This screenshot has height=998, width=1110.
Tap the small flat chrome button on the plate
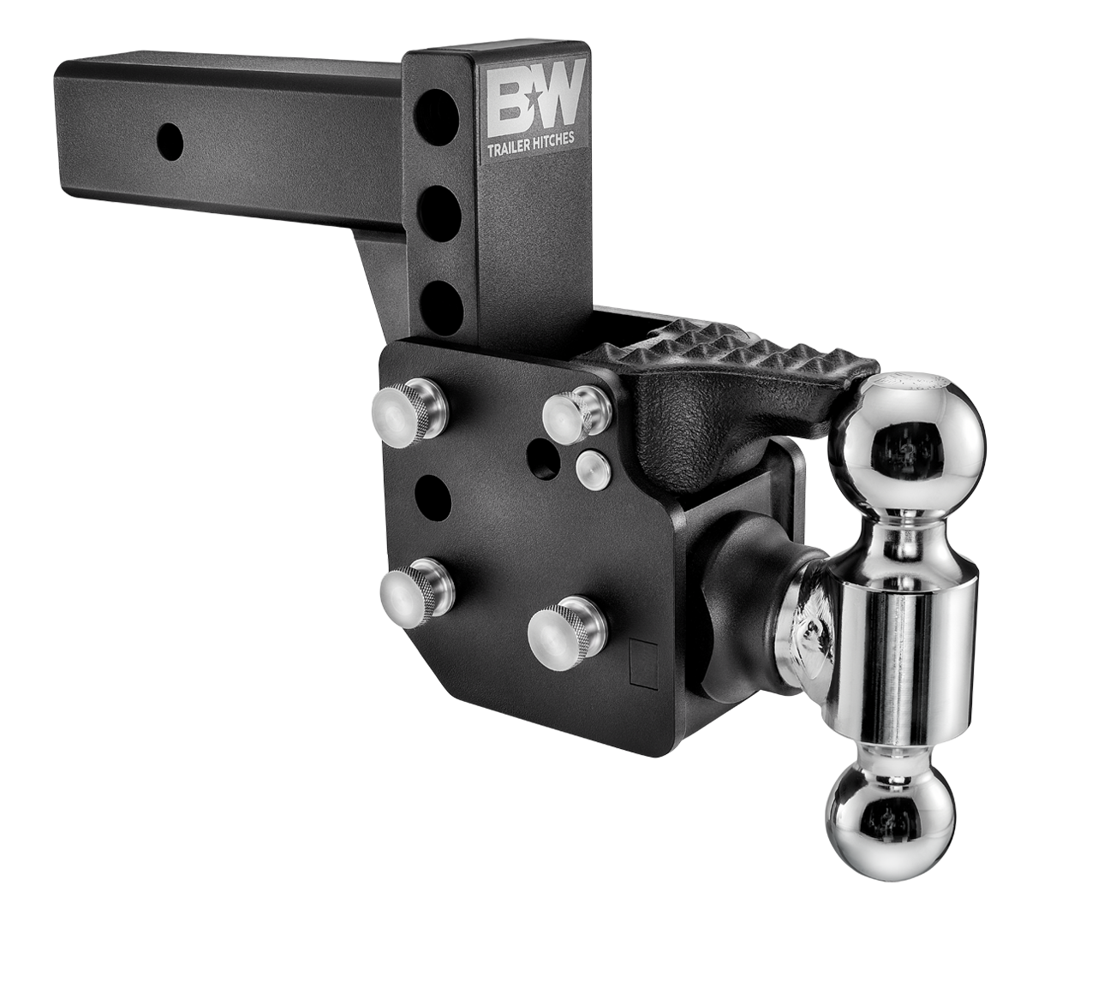pyautogui.click(x=591, y=467)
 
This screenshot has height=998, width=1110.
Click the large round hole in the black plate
pyautogui.click(x=434, y=492)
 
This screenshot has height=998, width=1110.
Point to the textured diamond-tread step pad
pyautogui.click(x=728, y=351)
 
